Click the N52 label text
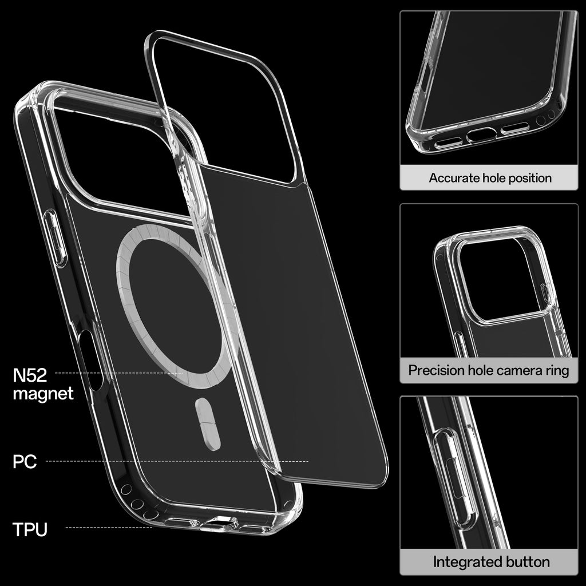[x=30, y=375]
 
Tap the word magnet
[x=43, y=394]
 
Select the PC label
[x=25, y=462]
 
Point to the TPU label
[x=30, y=529]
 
